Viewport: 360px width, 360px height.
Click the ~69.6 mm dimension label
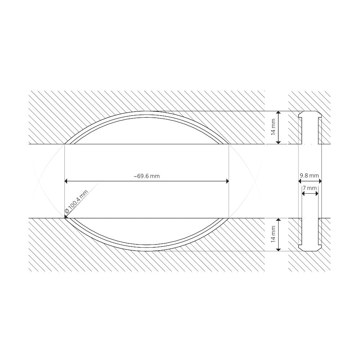point(147,176)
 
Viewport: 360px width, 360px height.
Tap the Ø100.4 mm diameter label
point(76,202)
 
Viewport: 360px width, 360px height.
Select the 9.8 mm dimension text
point(310,176)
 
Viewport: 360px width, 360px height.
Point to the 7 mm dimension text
point(310,188)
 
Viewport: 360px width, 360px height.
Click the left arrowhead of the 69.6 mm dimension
point(66,181)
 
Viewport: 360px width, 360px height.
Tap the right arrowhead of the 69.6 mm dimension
point(228,181)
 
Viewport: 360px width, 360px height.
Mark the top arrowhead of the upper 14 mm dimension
point(278,113)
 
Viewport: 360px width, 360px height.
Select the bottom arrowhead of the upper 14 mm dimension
point(278,142)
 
